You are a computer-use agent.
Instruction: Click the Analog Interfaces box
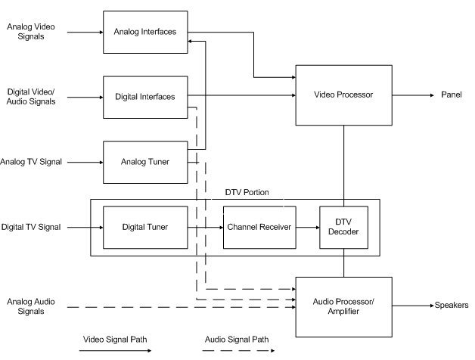coord(145,32)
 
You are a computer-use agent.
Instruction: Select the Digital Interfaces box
coord(145,97)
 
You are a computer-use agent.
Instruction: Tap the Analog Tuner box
coord(145,162)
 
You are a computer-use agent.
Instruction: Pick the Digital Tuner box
coord(145,227)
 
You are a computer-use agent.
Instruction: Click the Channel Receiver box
coord(259,227)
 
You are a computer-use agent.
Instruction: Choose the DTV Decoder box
coord(343,227)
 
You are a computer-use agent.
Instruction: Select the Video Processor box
coord(344,95)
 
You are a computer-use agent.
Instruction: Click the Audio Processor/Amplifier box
coord(344,306)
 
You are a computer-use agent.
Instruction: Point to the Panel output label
coord(452,96)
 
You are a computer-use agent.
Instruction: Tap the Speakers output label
coord(452,306)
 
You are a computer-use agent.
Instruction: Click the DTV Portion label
coord(247,193)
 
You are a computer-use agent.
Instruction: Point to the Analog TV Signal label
coord(32,162)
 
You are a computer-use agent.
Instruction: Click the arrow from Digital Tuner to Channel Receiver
coord(204,227)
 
